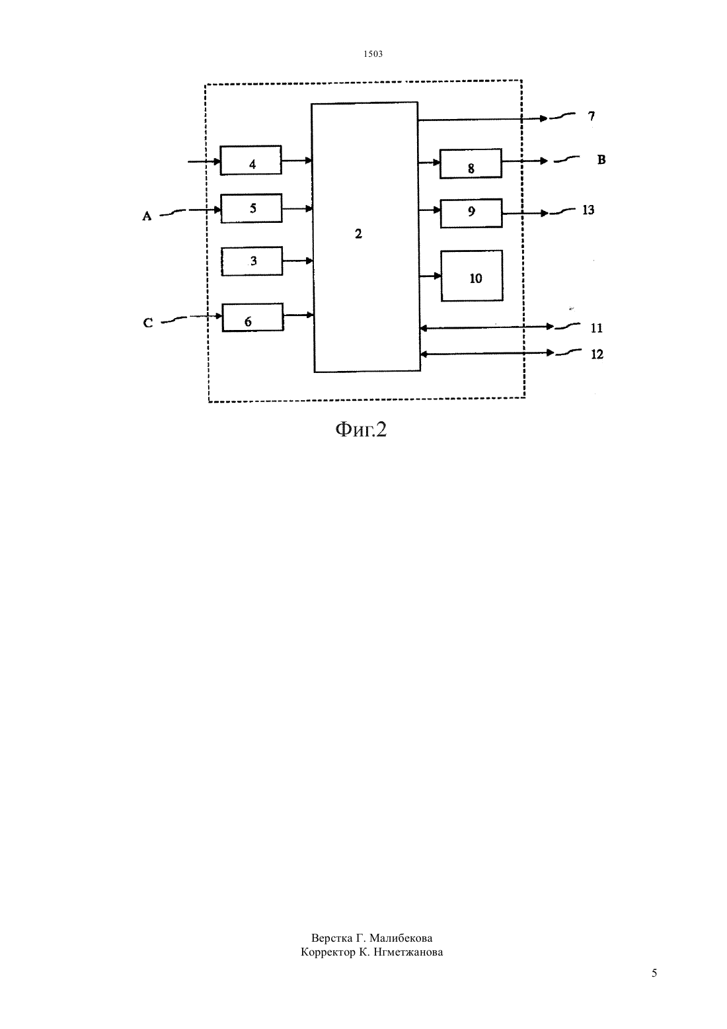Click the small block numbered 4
coord(250,160)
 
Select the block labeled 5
coord(252,208)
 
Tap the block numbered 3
coord(252,261)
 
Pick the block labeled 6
coord(253,317)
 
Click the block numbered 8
coord(471,163)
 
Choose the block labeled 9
coord(471,213)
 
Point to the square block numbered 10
coord(472,276)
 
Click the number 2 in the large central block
coord(358,234)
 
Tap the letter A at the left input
coord(147,216)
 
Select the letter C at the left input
coord(148,323)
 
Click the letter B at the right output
coord(601,159)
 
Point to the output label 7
coord(592,116)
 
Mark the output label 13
coord(588,210)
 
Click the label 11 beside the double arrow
coord(597,328)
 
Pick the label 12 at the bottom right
coord(597,354)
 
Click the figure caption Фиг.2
coord(362,429)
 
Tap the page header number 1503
coord(373,54)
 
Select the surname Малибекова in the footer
coord(401,938)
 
